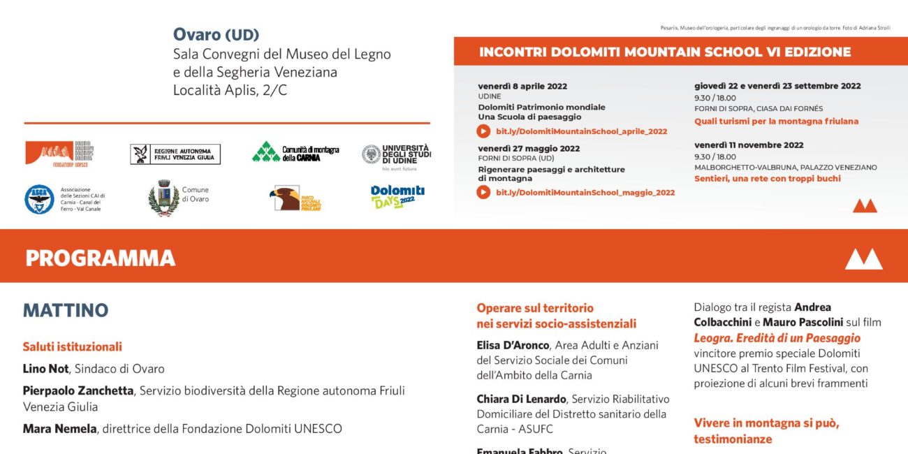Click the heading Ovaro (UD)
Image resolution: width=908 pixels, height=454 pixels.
pos(216,34)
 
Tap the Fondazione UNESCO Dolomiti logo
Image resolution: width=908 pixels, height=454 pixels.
pos(59,153)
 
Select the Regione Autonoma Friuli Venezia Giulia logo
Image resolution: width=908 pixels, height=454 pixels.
pos(175,154)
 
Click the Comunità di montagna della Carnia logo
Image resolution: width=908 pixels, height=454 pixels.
pos(295,152)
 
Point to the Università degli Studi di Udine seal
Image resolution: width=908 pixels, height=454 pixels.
pos(371,154)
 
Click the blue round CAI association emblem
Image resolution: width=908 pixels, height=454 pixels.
pos(39,199)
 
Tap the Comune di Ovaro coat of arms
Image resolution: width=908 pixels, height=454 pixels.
pos(163,198)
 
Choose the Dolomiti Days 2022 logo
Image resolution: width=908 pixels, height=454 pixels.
pos(397,197)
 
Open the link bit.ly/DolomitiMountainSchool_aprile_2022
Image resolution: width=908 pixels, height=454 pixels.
pos(581,131)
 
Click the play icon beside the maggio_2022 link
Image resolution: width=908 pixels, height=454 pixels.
pos(483,192)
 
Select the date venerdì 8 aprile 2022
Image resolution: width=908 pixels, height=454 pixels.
pos(522,86)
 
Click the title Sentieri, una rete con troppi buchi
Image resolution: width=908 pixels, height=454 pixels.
pos(767,179)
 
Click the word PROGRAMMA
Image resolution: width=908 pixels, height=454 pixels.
pos(100,258)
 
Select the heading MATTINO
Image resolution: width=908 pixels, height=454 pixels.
pos(66,310)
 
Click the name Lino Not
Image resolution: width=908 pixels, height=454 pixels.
pos(45,369)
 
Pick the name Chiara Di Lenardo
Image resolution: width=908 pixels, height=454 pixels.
pos(521,399)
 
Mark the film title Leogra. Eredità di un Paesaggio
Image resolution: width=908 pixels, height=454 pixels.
pos(767,338)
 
